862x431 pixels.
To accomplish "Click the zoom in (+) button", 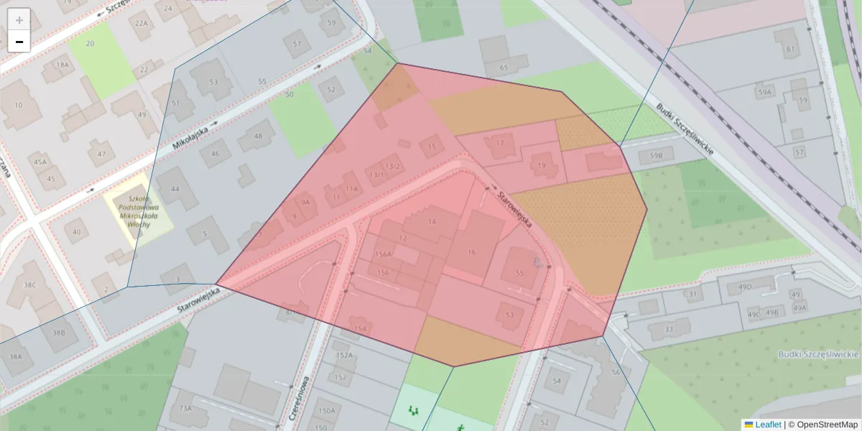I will pyautogui.click(x=19, y=19).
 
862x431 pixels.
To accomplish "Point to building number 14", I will pyautogui.click(x=431, y=221).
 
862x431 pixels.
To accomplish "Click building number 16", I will pyautogui.click(x=471, y=251).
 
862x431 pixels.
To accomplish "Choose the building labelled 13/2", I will pyautogui.click(x=392, y=166).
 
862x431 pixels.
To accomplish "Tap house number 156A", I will pyautogui.click(x=384, y=254).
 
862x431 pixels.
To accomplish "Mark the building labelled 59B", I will pyautogui.click(x=655, y=155).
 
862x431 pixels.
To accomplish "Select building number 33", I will pyautogui.click(x=669, y=329).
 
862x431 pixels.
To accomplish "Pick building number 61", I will pyautogui.click(x=791, y=49).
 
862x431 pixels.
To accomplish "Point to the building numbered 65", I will pyautogui.click(x=503, y=68).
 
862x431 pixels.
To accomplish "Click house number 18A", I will pyautogui.click(x=62, y=65).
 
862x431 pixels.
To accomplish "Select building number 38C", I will pyautogui.click(x=29, y=284).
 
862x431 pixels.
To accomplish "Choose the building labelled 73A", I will pyautogui.click(x=185, y=408).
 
